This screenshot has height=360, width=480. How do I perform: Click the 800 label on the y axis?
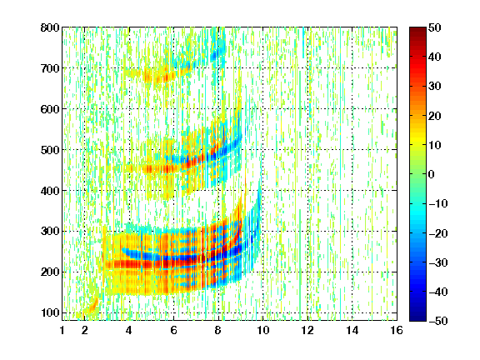click(x=50, y=27)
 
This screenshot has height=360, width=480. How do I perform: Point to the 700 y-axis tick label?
click(x=50, y=68)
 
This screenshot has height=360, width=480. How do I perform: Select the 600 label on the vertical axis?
click(x=50, y=109)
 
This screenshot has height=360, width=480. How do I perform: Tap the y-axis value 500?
click(x=50, y=150)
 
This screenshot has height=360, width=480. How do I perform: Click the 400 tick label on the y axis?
click(x=50, y=191)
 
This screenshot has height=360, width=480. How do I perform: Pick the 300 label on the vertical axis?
click(x=50, y=232)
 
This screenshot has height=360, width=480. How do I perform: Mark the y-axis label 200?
click(x=50, y=272)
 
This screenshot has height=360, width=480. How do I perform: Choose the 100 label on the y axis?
click(x=50, y=312)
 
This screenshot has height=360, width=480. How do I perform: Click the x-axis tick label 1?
click(x=62, y=330)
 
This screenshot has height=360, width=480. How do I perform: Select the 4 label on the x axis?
click(x=129, y=330)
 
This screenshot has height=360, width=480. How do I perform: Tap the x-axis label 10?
click(x=262, y=330)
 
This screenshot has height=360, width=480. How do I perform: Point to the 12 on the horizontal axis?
click(x=307, y=330)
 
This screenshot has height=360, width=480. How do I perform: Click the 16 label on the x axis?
click(x=397, y=330)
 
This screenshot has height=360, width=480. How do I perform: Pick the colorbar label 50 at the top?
click(x=435, y=27)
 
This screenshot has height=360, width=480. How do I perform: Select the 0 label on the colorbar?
click(x=432, y=174)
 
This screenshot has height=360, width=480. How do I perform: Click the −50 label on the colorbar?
click(x=438, y=321)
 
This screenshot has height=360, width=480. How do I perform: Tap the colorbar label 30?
click(x=435, y=87)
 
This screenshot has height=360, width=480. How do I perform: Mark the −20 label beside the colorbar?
click(x=438, y=233)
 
